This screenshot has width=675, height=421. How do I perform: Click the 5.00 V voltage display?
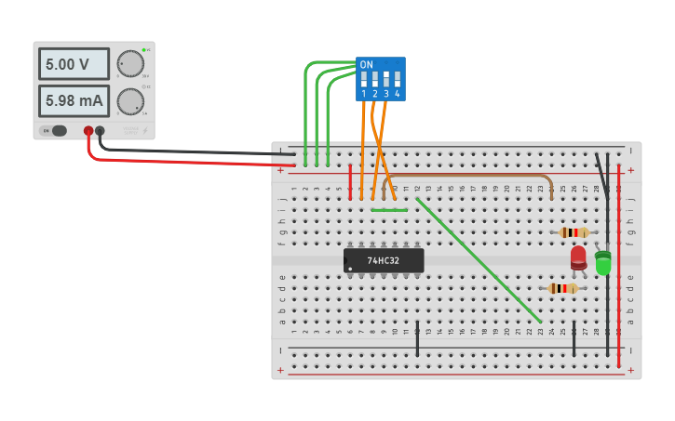[73, 64]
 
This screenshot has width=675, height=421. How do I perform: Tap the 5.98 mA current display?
[73, 99]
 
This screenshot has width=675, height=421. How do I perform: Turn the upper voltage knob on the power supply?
[130, 63]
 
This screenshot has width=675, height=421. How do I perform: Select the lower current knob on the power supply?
[130, 99]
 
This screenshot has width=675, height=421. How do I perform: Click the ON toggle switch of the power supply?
[57, 131]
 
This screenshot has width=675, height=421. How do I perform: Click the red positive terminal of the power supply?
[88, 131]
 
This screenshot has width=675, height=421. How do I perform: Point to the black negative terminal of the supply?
[100, 131]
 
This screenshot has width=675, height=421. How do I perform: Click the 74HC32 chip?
[384, 260]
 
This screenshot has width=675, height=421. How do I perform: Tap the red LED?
[578, 257]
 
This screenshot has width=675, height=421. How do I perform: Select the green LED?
[602, 263]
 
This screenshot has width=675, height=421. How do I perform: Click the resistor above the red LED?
[574, 232]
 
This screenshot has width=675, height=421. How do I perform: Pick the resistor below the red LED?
[562, 288]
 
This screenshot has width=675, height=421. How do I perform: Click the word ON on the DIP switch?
[366, 64]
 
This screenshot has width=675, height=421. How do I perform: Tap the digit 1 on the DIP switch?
[363, 94]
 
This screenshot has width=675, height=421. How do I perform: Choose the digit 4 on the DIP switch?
[398, 94]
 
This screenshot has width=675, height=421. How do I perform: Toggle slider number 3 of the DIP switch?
[385, 79]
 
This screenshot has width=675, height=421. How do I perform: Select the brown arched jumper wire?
[466, 174]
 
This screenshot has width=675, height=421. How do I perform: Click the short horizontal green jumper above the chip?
[389, 209]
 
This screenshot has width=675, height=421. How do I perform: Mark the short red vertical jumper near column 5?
[350, 181]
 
